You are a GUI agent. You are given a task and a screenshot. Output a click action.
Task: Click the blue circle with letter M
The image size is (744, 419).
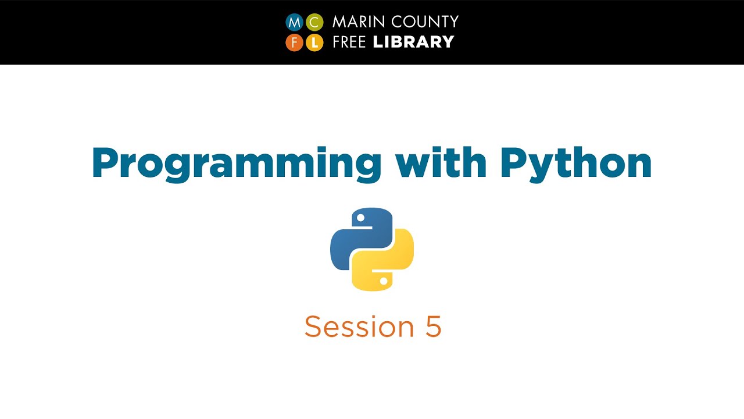coord(295,23)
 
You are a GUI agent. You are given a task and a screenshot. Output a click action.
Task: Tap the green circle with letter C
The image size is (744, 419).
coord(314,23)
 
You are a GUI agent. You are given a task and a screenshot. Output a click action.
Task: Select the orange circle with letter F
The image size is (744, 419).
coord(295,42)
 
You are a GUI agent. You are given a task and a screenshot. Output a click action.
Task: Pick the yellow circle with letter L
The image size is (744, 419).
coord(314,42)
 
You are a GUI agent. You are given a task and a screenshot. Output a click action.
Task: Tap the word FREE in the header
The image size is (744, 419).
coord(350,42)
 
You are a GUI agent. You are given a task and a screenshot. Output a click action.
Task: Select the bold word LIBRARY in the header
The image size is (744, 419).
coord(413,42)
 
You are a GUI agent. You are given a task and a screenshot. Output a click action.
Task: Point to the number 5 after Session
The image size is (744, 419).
coord(433,326)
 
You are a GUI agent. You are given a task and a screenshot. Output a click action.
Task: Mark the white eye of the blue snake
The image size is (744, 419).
coord(360,218)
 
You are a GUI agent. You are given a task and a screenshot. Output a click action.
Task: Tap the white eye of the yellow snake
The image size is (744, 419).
coord(383,280)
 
